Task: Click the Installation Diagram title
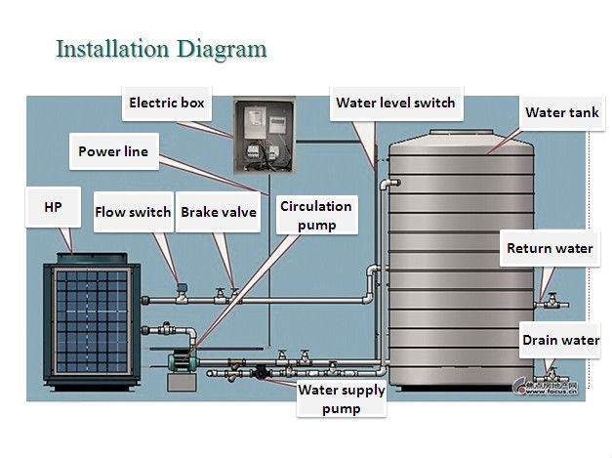(161, 48)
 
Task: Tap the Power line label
(113, 151)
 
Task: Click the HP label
(53, 208)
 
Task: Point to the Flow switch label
(132, 212)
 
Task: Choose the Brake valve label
(219, 212)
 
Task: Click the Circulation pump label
(315, 215)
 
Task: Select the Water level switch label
(394, 103)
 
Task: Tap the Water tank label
(561, 112)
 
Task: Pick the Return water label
(549, 248)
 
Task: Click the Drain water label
(560, 340)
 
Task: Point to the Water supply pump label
(341, 399)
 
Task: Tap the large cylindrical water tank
(459, 264)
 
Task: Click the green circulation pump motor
(182, 359)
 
